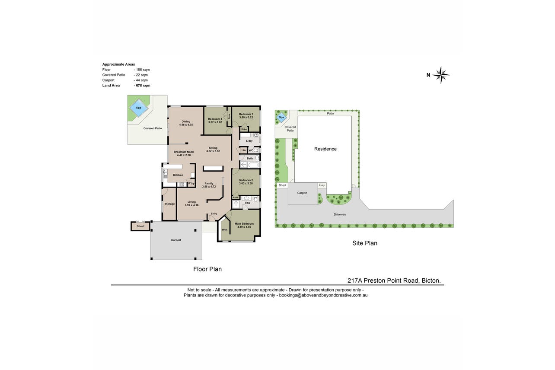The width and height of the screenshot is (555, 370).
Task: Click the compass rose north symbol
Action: click(441, 75)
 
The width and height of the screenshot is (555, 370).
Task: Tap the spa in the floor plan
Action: click(138, 108)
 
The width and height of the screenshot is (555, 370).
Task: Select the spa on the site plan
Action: click(281, 117)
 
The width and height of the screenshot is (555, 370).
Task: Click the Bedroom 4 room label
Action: click(215, 119)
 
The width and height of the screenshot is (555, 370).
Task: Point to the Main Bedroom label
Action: click(244, 223)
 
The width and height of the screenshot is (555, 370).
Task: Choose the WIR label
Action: click(224, 230)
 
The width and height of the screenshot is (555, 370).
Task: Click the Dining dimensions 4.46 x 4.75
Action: click(186, 125)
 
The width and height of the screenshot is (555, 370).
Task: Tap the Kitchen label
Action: click(178, 175)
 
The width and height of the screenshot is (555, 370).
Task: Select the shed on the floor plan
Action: click(140, 226)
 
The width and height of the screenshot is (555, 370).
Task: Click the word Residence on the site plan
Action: click(325, 149)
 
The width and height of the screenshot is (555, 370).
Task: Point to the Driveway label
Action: click(340, 214)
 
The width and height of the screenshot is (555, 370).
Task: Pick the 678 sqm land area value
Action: click(143, 86)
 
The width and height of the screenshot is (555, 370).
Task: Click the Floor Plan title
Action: click(207, 269)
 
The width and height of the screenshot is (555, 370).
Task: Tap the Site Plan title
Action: click(365, 243)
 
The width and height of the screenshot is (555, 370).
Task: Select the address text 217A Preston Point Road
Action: click(383, 281)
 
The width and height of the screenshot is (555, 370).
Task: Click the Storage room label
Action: click(169, 204)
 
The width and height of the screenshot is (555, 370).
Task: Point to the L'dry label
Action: click(249, 141)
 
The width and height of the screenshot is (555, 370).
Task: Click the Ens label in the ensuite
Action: click(248, 203)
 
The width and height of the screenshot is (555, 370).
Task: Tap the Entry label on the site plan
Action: click(322, 185)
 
